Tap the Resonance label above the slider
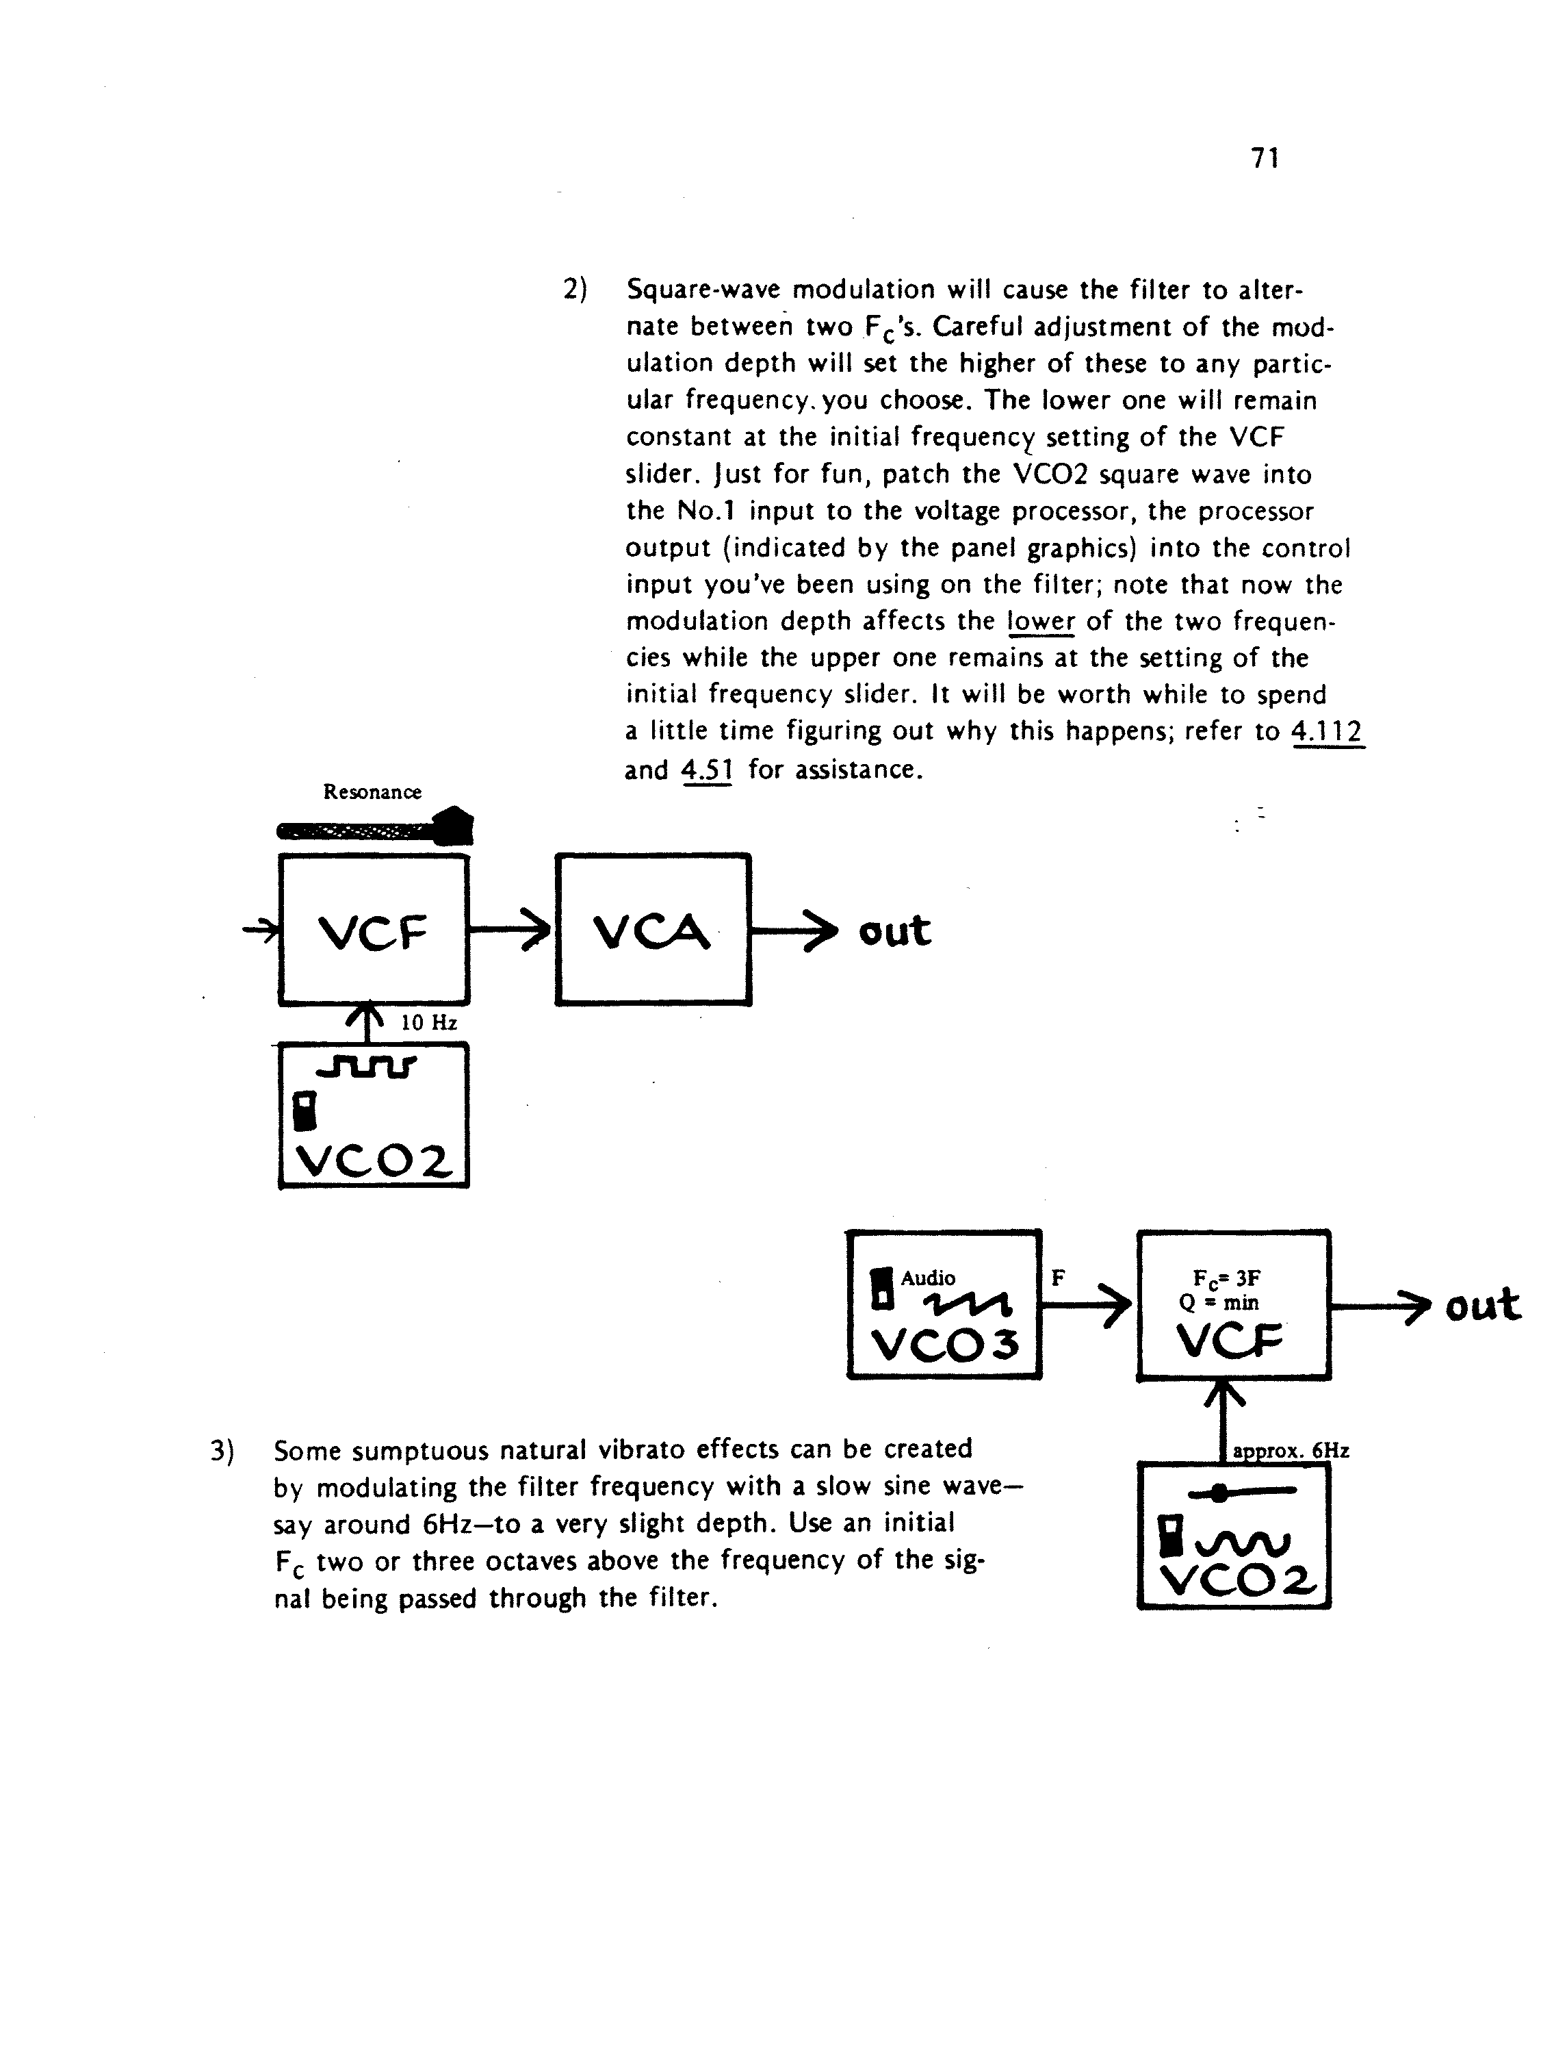point(372,792)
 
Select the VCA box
point(653,928)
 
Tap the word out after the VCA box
point(894,930)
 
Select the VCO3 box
point(944,1305)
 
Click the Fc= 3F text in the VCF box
point(1226,1279)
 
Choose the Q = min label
point(1219,1303)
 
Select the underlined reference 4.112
point(1328,733)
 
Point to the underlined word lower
point(1041,621)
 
